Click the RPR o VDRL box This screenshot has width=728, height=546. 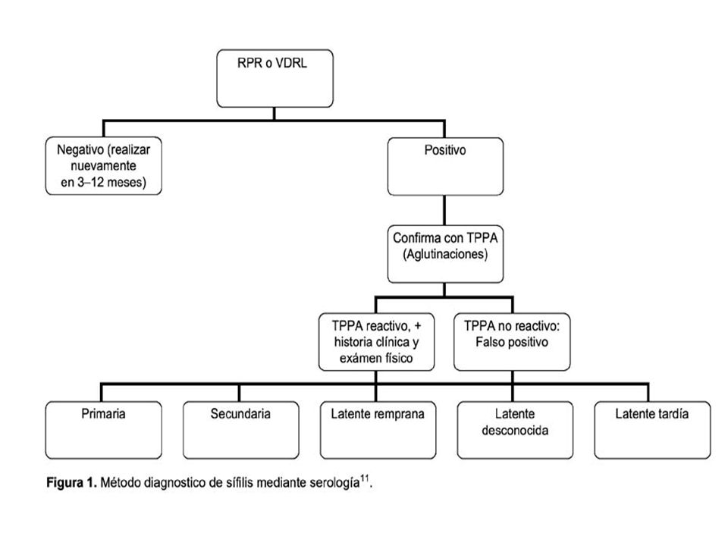pos(275,78)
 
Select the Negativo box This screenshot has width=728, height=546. pos(104,166)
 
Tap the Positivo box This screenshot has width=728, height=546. pos(445,166)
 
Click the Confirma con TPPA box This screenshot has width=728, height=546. pos(445,254)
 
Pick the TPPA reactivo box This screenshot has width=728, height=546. pos(377,342)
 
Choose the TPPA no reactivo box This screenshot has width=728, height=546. pos(512,342)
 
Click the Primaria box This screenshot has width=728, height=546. pos(104,430)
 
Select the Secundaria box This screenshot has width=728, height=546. pos(240,430)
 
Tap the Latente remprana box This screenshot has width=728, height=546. pos(378,430)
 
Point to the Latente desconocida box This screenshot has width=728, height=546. pos(515,430)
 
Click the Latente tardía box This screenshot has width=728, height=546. pos(652,430)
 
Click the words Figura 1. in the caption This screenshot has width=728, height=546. pos(71,483)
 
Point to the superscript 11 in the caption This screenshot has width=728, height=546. pos(365,479)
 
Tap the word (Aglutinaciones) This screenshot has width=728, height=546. pos(445,255)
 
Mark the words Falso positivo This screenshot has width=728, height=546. pos(512,342)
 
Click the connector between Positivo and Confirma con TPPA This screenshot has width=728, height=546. pos(445,210)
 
